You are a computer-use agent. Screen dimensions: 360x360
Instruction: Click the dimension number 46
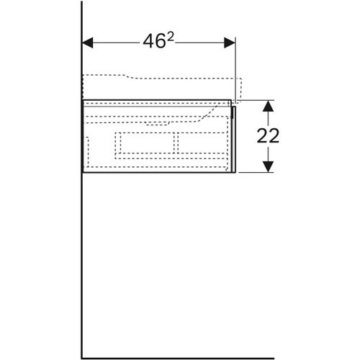(x=153, y=42)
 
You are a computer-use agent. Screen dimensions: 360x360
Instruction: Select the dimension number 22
(x=267, y=136)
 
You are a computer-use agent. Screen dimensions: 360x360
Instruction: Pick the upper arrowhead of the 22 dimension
(x=267, y=106)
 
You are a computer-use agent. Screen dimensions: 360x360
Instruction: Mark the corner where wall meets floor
(x=82, y=357)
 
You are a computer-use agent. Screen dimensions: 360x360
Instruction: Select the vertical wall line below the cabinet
(x=82, y=266)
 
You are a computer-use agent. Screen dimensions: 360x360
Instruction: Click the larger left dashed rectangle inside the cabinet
(x=145, y=143)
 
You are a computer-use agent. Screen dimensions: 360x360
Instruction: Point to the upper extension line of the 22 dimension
(x=256, y=100)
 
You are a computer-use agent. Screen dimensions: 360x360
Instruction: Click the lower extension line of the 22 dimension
(x=256, y=174)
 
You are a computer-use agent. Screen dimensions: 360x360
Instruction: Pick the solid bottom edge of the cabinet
(x=158, y=174)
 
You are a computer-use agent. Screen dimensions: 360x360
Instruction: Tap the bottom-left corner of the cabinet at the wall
(x=83, y=174)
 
